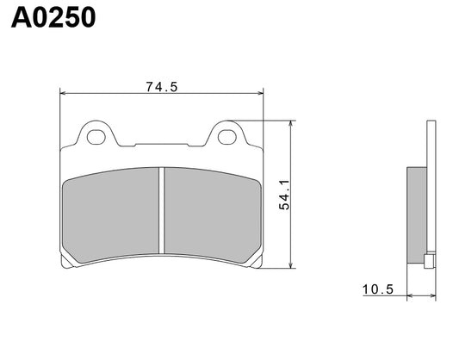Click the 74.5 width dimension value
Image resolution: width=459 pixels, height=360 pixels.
point(162,86)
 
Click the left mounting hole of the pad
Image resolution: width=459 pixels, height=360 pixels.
point(96,134)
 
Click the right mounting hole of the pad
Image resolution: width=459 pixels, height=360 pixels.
point(228,134)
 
